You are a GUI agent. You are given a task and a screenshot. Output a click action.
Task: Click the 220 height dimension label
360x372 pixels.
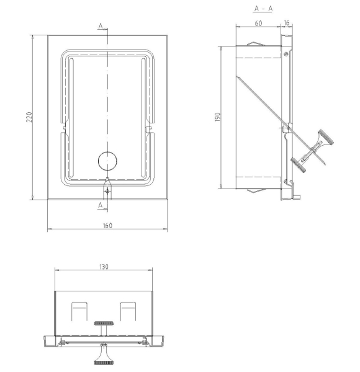pos(29,117)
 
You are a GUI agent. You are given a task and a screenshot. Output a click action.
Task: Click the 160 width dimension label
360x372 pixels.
pos(107,226)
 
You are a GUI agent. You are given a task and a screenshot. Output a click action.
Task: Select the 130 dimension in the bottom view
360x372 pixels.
pos(104,267)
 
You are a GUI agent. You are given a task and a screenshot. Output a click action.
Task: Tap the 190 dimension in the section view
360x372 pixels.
pos(217,117)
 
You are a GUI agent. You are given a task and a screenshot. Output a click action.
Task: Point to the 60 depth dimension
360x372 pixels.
pos(258,24)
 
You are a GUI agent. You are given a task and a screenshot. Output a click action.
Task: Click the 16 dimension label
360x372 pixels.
pos(287,23)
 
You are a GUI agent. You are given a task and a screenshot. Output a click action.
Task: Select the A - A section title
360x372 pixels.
pos(263,9)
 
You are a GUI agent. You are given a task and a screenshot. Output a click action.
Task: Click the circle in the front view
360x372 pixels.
pos(107,161)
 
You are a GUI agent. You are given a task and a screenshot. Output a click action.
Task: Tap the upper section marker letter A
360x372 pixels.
pos(101,26)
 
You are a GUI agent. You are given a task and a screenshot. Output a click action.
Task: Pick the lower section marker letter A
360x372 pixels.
pos(101,205)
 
